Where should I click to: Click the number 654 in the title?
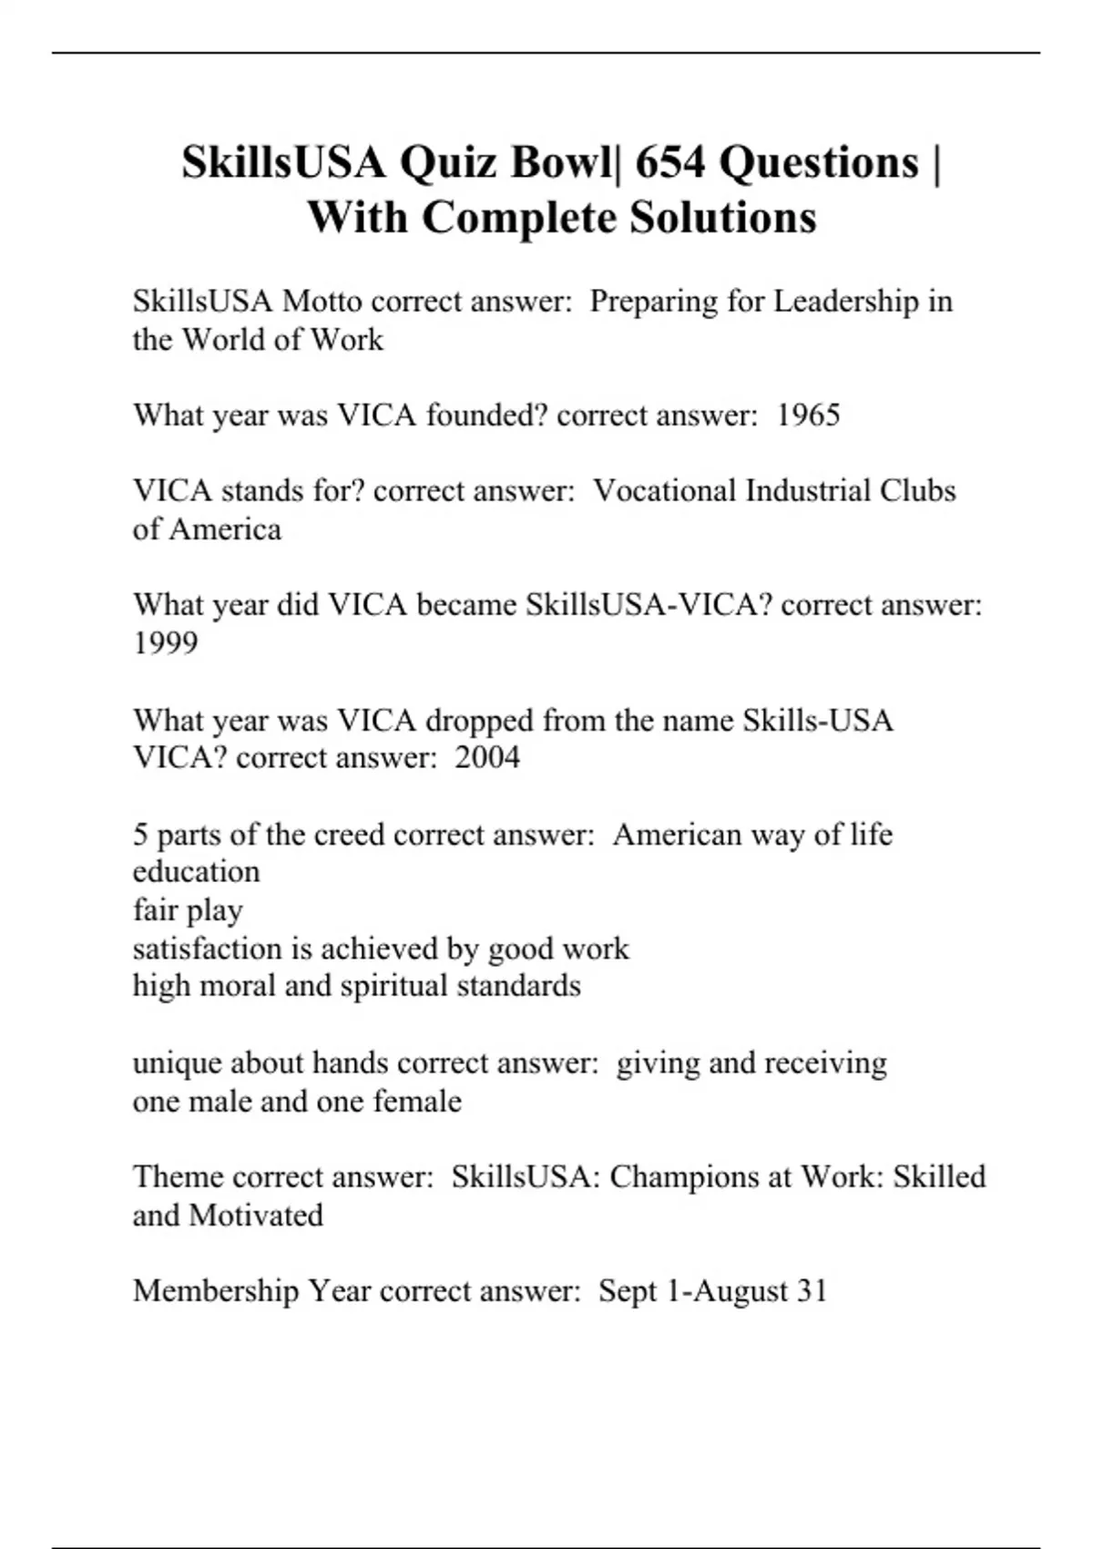pos(669,163)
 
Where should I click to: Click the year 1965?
pos(808,415)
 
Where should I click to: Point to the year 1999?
pos(165,643)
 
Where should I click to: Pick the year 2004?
pos(487,757)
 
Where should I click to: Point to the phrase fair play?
pos(188,910)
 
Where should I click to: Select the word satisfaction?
pos(207,949)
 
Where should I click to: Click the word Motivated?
pos(256,1216)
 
